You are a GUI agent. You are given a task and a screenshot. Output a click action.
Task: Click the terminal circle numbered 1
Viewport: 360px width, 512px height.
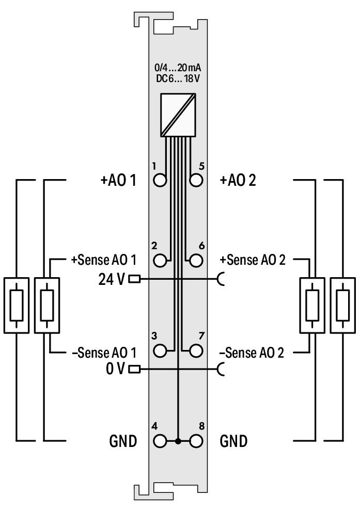coord(161,180)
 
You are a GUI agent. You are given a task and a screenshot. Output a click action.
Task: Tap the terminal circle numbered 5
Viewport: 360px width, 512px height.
coord(196,180)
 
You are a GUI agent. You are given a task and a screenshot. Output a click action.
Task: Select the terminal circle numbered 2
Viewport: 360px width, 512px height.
coord(161,260)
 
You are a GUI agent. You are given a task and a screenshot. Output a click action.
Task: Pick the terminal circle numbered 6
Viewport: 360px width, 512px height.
coord(196,260)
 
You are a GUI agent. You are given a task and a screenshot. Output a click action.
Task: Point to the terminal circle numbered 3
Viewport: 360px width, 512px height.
coord(161,351)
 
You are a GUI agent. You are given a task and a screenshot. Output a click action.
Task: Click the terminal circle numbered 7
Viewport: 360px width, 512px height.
coord(196,351)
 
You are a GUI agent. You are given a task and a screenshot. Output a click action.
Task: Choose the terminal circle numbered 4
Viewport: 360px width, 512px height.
coord(161,441)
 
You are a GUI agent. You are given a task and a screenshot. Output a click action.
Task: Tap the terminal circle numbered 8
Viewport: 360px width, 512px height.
coord(196,441)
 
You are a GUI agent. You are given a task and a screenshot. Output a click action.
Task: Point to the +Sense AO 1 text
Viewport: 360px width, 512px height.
coord(103,260)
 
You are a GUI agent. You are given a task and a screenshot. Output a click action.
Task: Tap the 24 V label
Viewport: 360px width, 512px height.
coord(111,279)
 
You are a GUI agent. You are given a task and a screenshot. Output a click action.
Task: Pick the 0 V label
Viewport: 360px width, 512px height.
coord(115,369)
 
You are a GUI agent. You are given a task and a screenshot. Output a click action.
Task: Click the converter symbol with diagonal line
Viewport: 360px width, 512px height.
coord(178,115)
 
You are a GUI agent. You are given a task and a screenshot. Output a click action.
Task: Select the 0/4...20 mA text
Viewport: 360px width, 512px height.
coord(178,67)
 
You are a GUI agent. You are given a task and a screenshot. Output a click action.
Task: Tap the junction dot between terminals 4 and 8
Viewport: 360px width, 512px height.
coord(178,442)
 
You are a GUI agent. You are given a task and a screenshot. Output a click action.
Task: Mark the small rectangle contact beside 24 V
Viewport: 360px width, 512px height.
coord(134,279)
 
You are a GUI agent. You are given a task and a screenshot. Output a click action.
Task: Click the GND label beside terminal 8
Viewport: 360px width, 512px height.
coord(233,442)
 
